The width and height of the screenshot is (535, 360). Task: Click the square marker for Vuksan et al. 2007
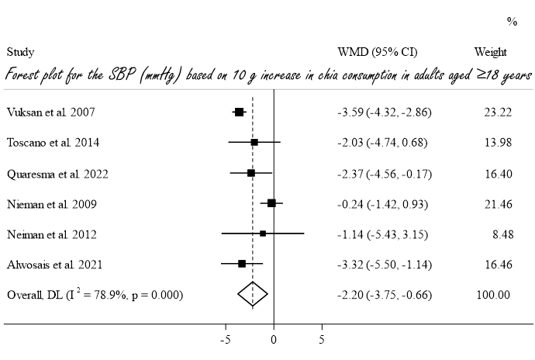[239, 112]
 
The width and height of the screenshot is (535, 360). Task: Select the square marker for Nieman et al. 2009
[271, 203]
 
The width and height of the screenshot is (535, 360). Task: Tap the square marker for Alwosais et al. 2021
[242, 264]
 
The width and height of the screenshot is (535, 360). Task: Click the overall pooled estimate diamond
[253, 294]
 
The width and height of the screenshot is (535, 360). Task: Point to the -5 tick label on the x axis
[226, 339]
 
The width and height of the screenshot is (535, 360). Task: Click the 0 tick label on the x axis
[274, 339]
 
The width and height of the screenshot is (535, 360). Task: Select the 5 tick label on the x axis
[322, 339]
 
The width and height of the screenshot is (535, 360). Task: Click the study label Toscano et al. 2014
[53, 143]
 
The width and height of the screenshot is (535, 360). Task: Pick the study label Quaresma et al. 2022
[57, 173]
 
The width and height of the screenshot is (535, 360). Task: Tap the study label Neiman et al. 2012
[52, 234]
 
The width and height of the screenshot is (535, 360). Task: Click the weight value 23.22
[496, 112]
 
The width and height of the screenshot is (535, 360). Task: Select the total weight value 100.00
[493, 294]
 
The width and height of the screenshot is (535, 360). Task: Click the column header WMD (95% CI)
[378, 52]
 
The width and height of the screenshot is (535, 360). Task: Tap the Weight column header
[490, 52]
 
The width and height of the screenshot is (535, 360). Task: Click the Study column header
[20, 52]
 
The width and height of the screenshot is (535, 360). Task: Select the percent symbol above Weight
[512, 22]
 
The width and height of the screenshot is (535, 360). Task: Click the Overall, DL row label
[95, 294]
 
